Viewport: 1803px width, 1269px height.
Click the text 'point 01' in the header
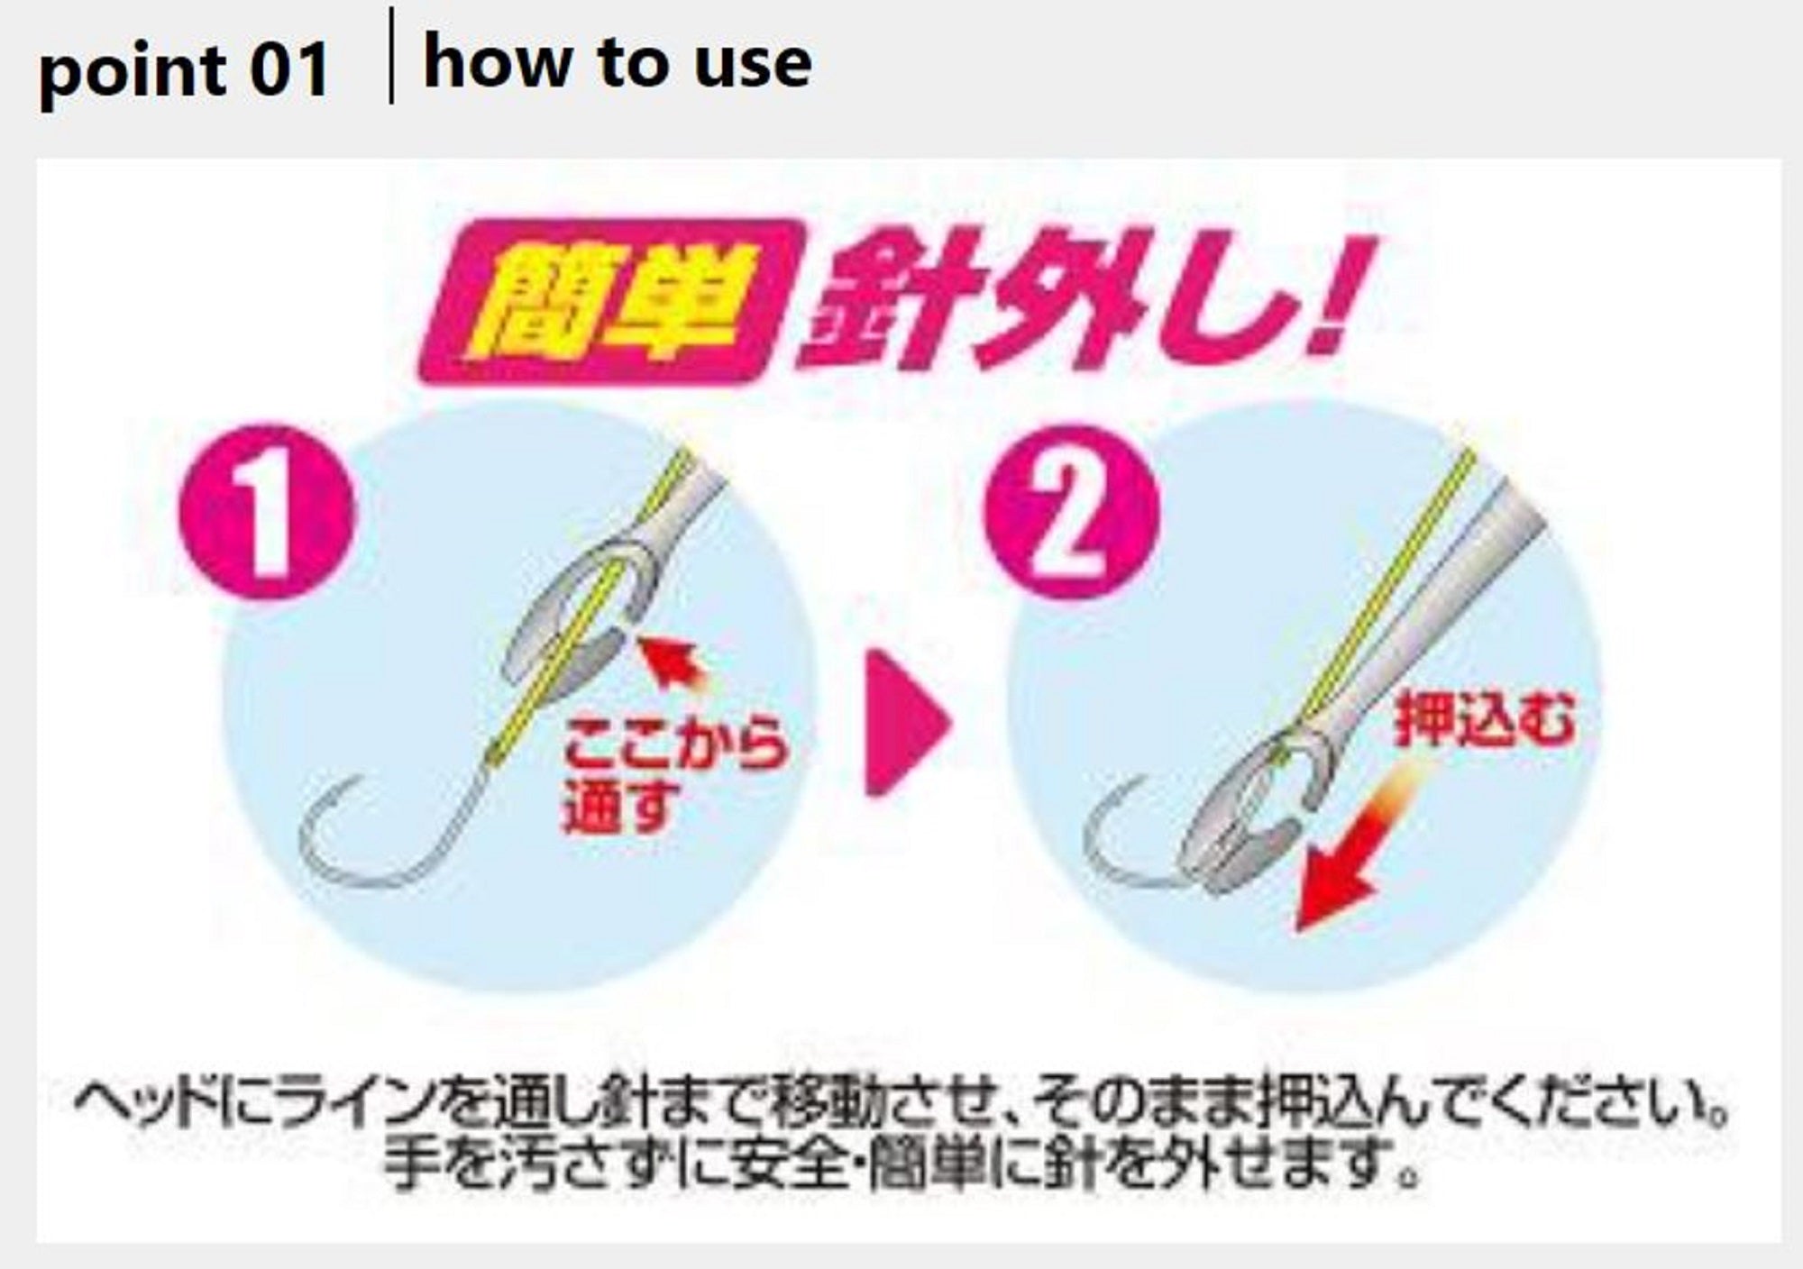(184, 70)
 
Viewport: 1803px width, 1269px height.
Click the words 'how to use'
(618, 63)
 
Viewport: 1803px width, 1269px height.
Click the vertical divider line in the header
(390, 56)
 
